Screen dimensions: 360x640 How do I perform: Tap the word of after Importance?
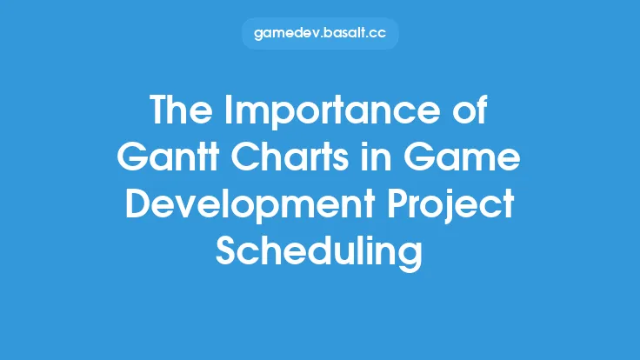[469, 111]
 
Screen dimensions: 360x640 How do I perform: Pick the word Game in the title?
[470, 160]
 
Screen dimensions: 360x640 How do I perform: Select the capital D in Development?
[139, 207]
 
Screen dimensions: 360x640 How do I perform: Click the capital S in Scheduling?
[228, 255]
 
